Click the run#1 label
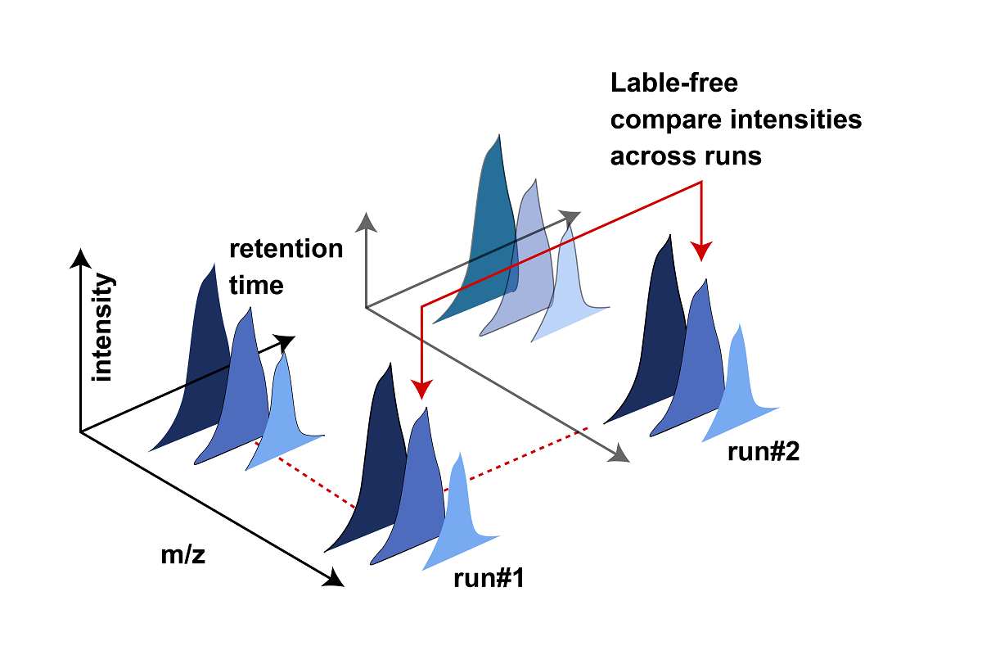489,579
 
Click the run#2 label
763,451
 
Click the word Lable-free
673,83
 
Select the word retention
286,249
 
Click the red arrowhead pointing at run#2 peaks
701,247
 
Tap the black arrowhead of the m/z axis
334,579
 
